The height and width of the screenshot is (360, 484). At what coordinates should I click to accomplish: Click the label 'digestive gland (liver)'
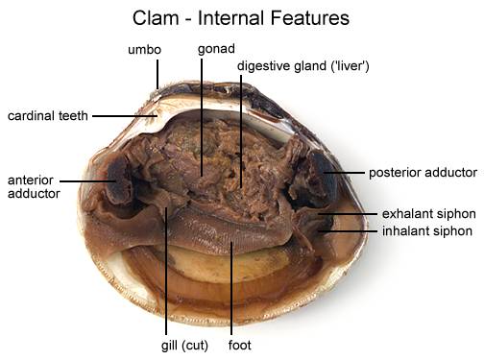[304, 66]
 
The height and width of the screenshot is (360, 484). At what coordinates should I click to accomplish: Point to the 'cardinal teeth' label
[47, 116]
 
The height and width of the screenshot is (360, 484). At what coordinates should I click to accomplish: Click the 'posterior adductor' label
[422, 173]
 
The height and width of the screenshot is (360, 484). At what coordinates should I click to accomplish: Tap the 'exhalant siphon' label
[426, 213]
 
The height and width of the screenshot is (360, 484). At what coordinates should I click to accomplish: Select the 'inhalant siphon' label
[426, 230]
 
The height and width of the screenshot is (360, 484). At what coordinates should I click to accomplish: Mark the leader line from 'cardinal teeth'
[125, 116]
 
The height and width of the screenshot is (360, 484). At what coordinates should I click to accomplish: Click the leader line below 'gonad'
[203, 115]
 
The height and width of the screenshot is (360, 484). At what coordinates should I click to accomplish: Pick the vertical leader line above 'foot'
[232, 288]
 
